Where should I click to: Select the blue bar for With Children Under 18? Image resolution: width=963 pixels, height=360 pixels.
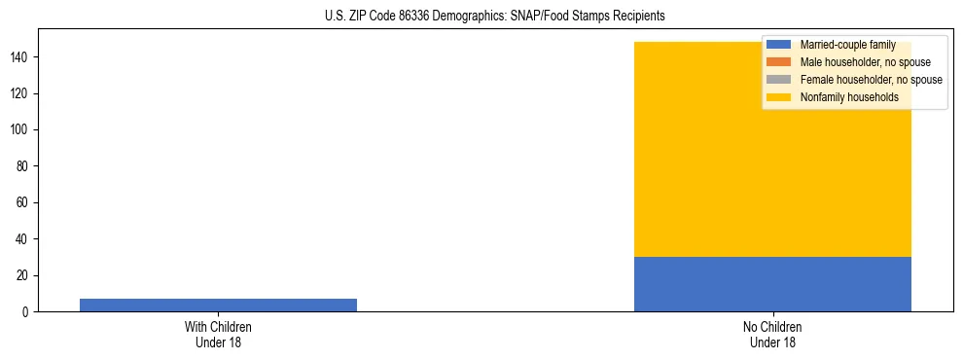[x=218, y=305]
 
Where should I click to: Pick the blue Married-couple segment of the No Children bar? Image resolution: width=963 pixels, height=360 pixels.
[x=772, y=284]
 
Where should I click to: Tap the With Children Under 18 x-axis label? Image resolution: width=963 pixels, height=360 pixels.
[x=218, y=334]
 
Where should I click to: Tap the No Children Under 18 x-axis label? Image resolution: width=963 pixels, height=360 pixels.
[x=772, y=334]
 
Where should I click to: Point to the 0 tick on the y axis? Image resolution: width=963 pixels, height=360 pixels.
[x=26, y=312]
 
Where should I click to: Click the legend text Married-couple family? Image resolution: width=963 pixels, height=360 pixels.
[x=847, y=45]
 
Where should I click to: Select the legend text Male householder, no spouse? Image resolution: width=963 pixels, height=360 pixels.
[x=864, y=62]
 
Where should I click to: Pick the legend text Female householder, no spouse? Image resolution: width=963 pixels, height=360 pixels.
[x=871, y=80]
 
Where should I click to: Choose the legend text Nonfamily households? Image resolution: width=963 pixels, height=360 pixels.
[x=849, y=97]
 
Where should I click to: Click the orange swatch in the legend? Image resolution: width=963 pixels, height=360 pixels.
[x=778, y=62]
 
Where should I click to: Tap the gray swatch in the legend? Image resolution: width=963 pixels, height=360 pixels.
[x=778, y=80]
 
